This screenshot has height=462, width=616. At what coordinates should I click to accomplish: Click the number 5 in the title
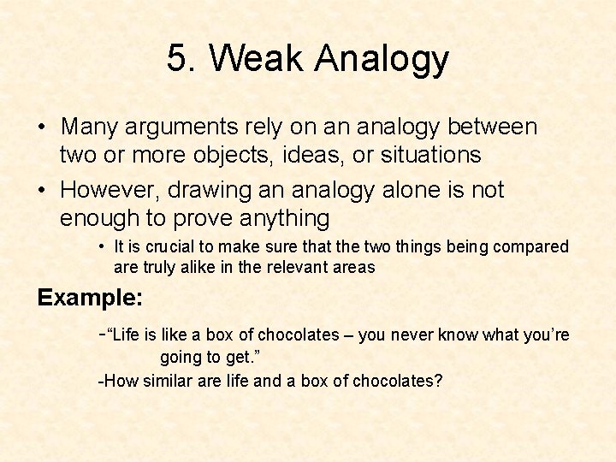pos(179,59)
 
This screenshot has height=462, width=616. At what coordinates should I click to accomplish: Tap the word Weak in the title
pos(256,59)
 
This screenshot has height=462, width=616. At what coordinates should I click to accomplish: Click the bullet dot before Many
pos(41,128)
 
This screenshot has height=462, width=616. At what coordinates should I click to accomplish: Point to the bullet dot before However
pos(41,190)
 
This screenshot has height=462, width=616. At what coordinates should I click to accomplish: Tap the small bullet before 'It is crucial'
pos(101,246)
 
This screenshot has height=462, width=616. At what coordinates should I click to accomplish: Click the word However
pos(110,189)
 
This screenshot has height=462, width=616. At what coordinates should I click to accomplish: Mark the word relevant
pos(303,267)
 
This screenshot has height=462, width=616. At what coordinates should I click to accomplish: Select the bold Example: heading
pos(90,298)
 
